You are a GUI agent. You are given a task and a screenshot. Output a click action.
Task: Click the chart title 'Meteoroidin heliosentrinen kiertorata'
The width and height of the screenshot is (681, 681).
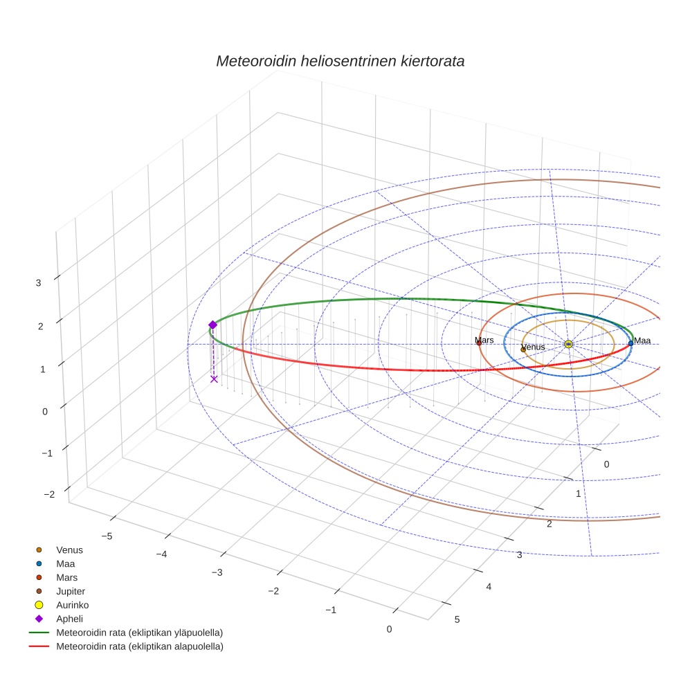(340, 61)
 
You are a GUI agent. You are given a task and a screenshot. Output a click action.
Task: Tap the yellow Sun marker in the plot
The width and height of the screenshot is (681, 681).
(568, 344)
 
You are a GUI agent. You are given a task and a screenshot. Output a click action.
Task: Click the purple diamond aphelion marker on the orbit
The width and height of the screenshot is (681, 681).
(212, 325)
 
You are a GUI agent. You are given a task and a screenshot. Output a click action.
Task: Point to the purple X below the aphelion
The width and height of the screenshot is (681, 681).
(214, 379)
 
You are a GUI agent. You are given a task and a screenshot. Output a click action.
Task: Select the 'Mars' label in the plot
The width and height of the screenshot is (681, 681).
(484, 340)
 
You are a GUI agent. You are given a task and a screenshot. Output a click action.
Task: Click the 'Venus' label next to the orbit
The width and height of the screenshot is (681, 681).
(533, 347)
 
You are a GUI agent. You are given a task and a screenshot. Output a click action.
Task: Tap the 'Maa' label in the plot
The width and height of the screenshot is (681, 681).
(642, 340)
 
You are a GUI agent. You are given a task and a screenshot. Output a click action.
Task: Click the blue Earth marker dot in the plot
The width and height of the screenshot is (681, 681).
(630, 343)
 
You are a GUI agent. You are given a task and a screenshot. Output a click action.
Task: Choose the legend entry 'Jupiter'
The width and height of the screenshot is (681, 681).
(71, 591)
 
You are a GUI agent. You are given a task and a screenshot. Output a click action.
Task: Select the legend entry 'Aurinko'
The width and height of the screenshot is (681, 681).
(72, 605)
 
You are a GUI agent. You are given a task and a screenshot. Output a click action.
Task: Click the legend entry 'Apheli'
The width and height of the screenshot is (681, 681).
(69, 619)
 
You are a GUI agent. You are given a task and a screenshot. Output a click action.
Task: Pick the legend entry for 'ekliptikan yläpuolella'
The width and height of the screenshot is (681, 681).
(139, 633)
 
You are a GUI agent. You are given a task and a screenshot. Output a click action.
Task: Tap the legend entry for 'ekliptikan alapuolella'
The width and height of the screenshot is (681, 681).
(139, 646)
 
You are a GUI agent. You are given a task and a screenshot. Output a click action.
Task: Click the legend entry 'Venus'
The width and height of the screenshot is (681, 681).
(69, 550)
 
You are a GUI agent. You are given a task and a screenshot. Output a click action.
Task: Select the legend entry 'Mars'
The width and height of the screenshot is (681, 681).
(66, 577)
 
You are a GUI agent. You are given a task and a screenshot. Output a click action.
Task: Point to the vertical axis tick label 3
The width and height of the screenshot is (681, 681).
(39, 282)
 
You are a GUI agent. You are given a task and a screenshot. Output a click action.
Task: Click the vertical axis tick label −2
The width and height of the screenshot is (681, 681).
(48, 494)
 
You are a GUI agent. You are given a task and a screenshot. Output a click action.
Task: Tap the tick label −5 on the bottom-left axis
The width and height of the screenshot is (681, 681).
(107, 536)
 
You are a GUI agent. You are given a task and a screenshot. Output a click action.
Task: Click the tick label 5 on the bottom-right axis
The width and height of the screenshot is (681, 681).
(456, 619)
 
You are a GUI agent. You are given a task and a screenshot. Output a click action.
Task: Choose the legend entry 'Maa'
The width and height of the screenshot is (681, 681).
(66, 563)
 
